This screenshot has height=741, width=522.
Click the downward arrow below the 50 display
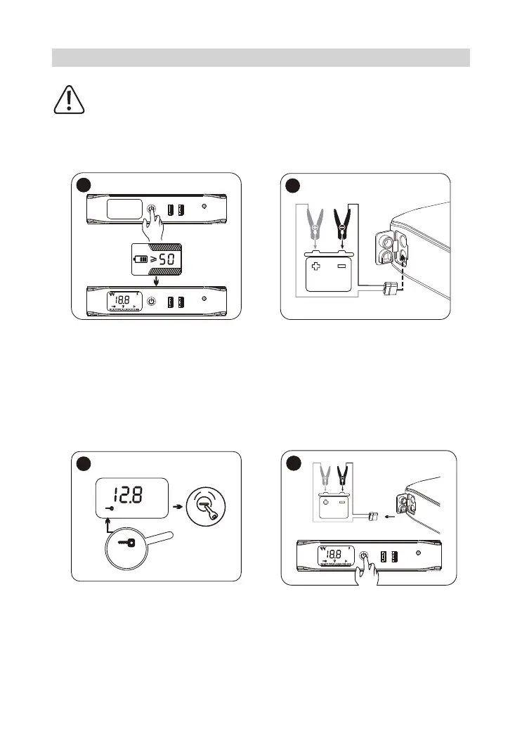(x=156, y=283)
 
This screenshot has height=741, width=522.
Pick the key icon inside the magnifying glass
(x=129, y=543)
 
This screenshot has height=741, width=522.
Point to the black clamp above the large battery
(x=343, y=219)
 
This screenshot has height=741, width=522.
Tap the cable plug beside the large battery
(x=387, y=288)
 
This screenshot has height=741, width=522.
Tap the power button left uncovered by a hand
(x=152, y=302)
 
